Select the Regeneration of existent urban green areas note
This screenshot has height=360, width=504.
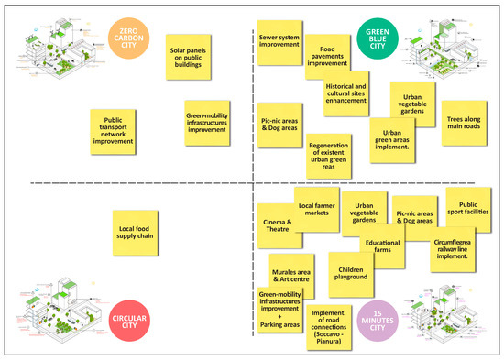[330, 156]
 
